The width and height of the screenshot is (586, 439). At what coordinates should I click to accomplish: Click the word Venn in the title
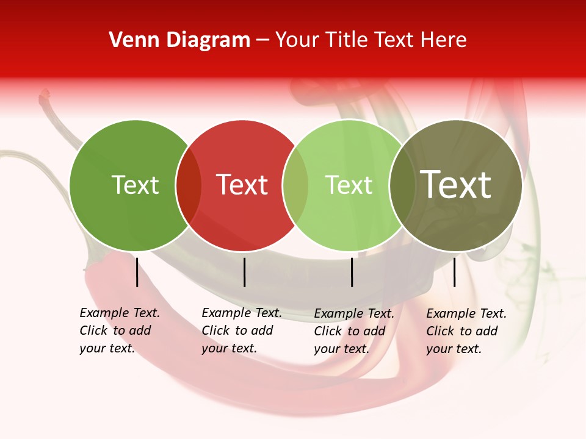pos(130,40)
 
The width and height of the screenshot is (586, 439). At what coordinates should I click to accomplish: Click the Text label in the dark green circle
pos(135,185)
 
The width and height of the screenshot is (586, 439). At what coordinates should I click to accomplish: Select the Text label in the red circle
pos(242,185)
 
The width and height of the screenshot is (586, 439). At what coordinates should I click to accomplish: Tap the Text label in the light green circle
pos(349,185)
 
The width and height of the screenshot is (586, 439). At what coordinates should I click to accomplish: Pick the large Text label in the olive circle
pos(455,185)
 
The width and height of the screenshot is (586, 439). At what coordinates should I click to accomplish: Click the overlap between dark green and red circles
pos(189,185)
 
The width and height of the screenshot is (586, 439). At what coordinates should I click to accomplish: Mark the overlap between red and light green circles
pos(295,185)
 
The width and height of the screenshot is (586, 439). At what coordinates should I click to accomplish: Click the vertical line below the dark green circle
pos(137,272)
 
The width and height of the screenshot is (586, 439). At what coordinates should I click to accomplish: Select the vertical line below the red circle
pos(244,272)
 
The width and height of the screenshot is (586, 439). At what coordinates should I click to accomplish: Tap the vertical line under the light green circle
pos(352,272)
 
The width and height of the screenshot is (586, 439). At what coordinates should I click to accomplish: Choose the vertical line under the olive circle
pos(454,272)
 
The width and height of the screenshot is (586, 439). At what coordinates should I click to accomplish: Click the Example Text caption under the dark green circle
pos(119,330)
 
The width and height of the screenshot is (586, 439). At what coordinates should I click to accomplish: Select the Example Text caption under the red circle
pos(241,330)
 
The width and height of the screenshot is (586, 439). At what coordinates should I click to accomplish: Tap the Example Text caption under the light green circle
pos(353,331)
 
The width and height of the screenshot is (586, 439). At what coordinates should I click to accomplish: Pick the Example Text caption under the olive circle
pos(466,331)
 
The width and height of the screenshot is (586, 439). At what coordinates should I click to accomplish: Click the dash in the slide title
pos(262,41)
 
